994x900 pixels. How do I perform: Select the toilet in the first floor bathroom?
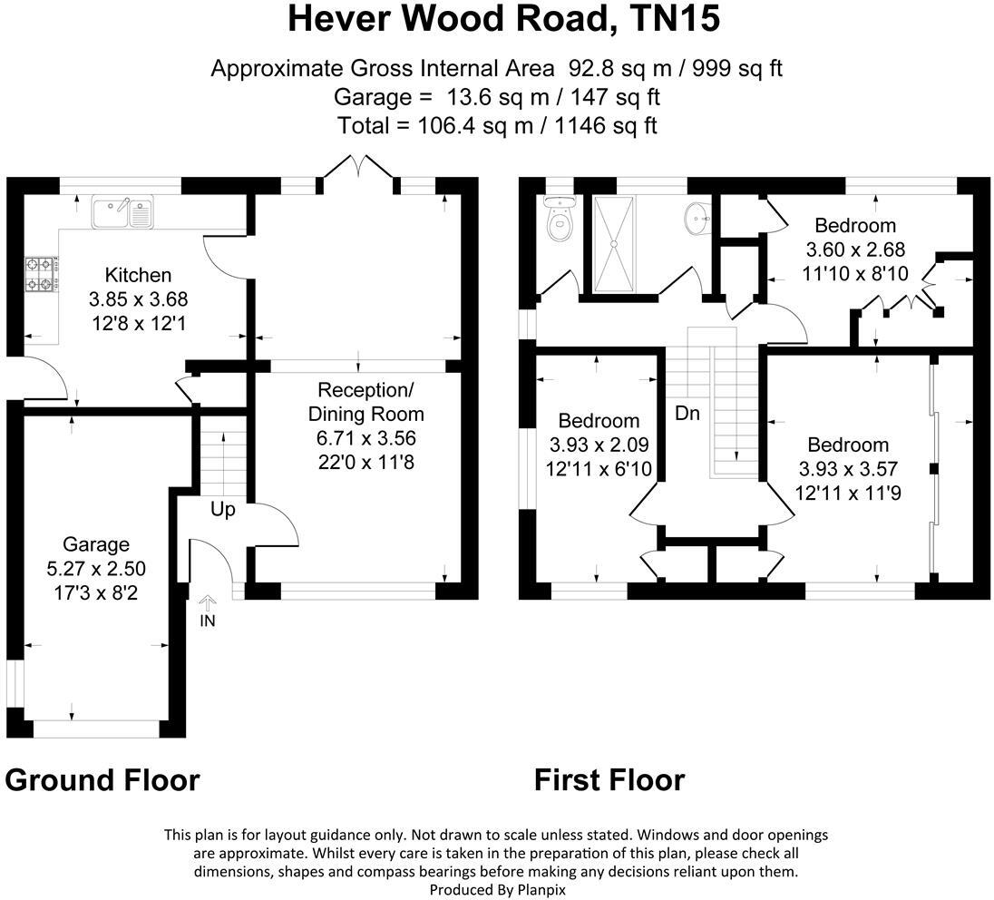[x=560, y=220]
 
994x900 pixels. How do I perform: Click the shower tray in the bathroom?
[x=613, y=243]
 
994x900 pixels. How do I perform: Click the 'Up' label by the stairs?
[x=223, y=510]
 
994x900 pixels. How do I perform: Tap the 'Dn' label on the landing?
[x=687, y=413]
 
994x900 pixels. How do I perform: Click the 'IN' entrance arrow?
[x=208, y=611]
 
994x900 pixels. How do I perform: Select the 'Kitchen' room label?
[x=138, y=275]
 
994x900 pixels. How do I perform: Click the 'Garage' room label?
[x=96, y=544]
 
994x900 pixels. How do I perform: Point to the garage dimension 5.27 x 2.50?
[x=96, y=569]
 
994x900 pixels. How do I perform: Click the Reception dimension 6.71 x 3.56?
[x=365, y=438]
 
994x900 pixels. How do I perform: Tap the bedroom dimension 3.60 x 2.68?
[x=855, y=249]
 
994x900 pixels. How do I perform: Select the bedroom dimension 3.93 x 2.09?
[x=599, y=445]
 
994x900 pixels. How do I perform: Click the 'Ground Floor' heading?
[x=102, y=780]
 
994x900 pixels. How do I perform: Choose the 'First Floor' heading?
[x=609, y=780]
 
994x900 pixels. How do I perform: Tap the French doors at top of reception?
[x=358, y=169]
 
